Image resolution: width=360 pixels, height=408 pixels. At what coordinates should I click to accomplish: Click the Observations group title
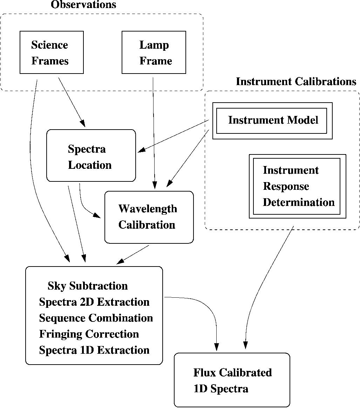point(83,5)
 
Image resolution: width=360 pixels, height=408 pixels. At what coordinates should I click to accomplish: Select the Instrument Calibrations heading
point(296,82)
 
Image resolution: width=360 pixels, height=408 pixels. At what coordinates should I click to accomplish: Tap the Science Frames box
point(52,53)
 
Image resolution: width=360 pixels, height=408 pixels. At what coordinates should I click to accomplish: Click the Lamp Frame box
point(154,53)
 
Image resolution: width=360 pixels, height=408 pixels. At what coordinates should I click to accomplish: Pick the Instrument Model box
point(272,120)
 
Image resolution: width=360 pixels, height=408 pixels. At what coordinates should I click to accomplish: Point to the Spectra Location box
point(91,156)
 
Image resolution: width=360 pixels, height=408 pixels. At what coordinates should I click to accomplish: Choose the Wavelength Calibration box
point(149,217)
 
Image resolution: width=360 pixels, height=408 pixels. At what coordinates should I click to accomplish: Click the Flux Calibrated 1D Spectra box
point(232,380)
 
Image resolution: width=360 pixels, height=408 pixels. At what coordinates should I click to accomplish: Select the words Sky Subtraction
point(88,286)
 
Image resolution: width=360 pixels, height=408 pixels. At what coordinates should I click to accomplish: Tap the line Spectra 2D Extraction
point(94,302)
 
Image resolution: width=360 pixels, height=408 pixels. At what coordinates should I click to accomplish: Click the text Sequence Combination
point(96,318)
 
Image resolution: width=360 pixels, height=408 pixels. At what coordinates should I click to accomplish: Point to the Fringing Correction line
point(89,334)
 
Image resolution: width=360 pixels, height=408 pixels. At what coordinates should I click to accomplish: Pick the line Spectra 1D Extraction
point(94,350)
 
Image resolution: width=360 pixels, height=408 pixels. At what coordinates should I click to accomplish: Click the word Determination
point(299,202)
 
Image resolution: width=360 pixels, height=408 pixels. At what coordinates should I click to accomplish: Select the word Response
point(286,186)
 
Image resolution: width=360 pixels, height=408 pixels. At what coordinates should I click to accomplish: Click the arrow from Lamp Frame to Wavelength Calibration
point(154,133)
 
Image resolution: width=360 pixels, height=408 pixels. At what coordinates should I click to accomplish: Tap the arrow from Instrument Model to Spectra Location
point(174,136)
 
